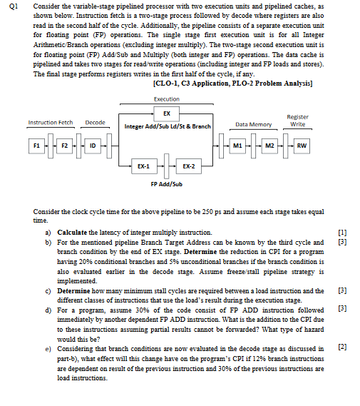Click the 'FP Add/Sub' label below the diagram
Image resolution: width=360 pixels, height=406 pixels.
(x=167, y=183)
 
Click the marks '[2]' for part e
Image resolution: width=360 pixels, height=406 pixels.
(x=344, y=345)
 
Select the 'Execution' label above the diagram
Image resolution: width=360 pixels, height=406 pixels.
(x=167, y=98)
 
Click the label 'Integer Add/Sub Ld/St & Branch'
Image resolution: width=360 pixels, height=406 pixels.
(x=166, y=127)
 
